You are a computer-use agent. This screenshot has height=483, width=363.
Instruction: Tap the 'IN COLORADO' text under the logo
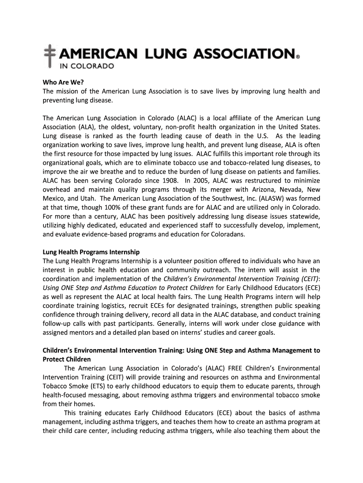[86, 66]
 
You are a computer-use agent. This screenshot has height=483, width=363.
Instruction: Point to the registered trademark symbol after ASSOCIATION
[297, 58]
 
